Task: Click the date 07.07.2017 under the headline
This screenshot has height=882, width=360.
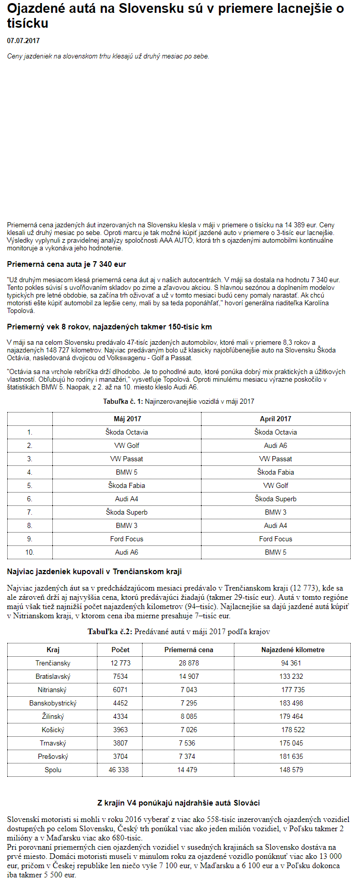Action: pos(23,41)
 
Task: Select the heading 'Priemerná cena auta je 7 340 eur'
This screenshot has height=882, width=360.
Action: pos(66,264)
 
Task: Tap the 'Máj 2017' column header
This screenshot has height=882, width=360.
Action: pos(127,419)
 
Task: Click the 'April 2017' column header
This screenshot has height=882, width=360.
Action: pos(275,419)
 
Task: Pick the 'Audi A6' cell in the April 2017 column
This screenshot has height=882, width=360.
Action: pos(275,445)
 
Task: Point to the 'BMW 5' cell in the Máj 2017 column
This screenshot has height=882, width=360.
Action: pos(127,472)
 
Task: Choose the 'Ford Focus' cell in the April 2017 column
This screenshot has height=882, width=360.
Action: pos(275,539)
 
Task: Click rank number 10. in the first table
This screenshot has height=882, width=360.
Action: pos(30,552)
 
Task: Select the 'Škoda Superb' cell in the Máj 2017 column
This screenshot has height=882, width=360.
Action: pos(127,512)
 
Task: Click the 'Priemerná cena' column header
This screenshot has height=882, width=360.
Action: pos(189,650)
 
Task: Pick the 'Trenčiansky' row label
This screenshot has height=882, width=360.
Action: pos(53,663)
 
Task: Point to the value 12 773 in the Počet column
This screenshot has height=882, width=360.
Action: pos(121,663)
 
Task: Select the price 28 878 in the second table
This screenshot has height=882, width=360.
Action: pos(189,663)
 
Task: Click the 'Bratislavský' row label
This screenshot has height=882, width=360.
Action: pos(53,676)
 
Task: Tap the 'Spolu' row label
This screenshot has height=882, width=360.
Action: pos(53,770)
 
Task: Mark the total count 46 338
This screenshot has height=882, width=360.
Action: pos(119,770)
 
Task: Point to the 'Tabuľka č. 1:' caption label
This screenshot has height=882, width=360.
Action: pos(123,401)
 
